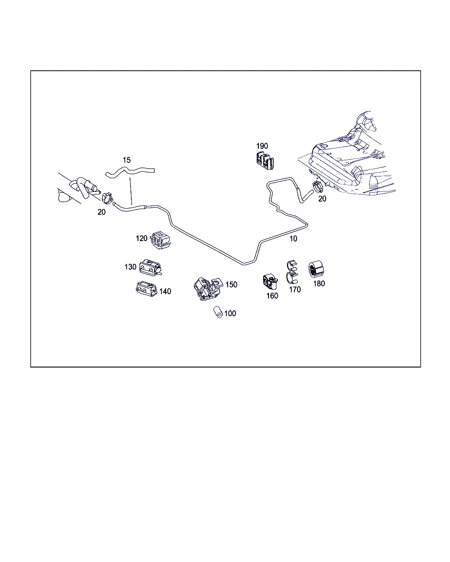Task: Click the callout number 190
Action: [262, 146]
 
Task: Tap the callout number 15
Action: [127, 160]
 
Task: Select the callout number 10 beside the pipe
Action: [294, 239]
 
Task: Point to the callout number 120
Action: [142, 238]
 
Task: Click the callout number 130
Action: [130, 267]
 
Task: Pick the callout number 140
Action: [165, 292]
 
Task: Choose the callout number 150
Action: [232, 285]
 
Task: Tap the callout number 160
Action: [272, 296]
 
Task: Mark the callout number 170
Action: [295, 290]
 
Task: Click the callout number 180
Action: [319, 284]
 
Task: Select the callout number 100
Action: [230, 313]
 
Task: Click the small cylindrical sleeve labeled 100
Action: [218, 312]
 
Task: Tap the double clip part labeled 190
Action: [265, 161]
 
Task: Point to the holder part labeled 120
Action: [160, 240]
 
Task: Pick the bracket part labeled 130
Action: [150, 267]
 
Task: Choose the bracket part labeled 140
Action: [147, 289]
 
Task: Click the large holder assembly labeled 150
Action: [208, 289]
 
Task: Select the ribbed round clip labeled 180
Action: [316, 269]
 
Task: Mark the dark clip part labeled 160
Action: [270, 282]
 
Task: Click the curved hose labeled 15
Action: [130, 172]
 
